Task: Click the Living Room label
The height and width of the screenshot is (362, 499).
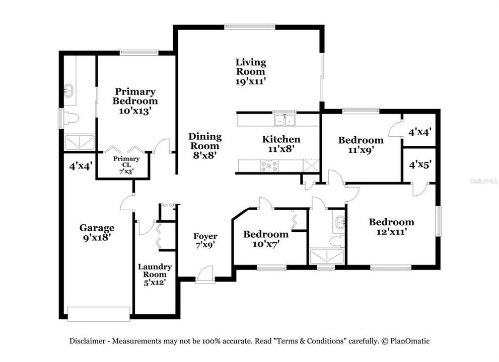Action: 251,67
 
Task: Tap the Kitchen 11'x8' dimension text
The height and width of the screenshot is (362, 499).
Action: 281,149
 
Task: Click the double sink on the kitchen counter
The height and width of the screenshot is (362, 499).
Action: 284,120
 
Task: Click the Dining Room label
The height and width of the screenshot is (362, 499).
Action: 204,141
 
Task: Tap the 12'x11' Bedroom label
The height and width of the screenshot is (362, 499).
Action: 391,226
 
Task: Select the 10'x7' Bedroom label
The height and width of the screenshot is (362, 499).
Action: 265,239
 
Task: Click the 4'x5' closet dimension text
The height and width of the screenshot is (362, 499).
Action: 419,164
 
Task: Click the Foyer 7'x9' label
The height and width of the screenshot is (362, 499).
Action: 205,240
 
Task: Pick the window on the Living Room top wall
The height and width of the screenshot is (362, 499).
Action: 250,27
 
